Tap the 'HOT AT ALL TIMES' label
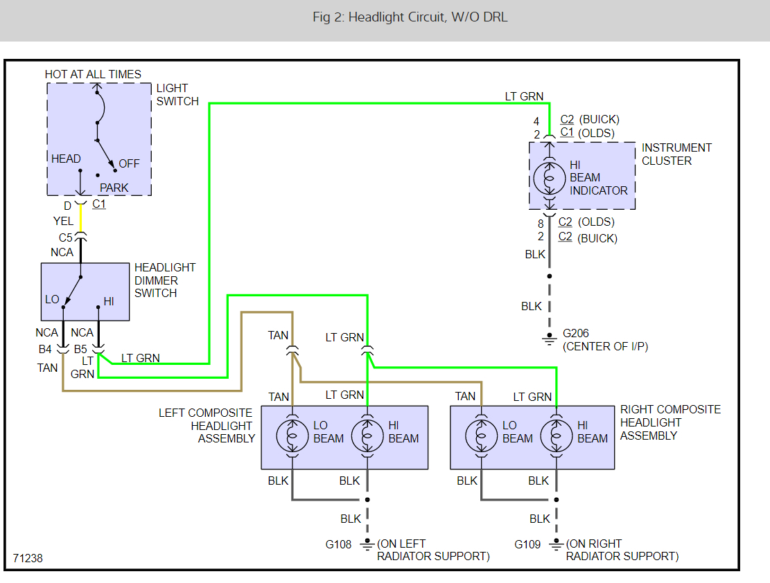[93, 74]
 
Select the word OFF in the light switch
[129, 163]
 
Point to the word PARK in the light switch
[114, 188]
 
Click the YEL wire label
[63, 221]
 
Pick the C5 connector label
[65, 237]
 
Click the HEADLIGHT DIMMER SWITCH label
[165, 280]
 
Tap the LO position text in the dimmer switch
[52, 299]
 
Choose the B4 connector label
[45, 349]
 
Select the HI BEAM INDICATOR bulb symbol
[549, 178]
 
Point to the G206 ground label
[576, 333]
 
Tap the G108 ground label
[338, 544]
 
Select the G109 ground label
[527, 544]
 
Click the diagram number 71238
[28, 557]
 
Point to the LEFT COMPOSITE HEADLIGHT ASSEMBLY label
[206, 425]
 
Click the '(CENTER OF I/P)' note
[606, 346]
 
